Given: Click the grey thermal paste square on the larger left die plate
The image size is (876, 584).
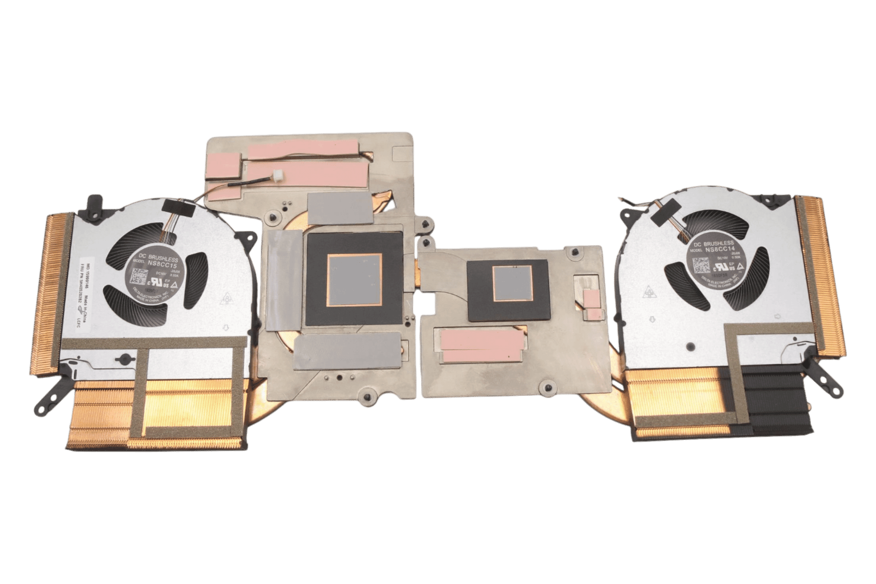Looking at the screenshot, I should (x=355, y=280).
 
